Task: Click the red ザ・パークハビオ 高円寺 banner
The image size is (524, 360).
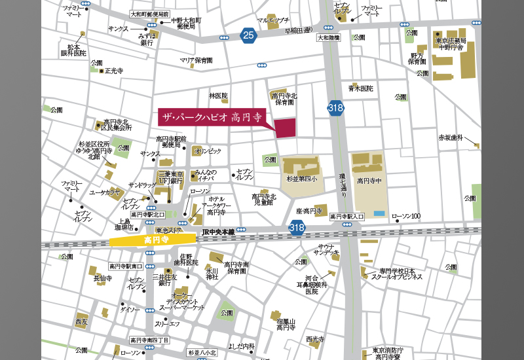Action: point(212,117)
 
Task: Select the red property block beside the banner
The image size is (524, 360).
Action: point(285,128)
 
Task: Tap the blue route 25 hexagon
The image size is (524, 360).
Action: point(247,35)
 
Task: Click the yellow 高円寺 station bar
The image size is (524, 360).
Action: point(153,240)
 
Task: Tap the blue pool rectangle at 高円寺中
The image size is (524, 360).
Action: point(379,213)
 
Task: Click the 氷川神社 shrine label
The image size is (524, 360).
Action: point(212,274)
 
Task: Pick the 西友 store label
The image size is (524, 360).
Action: point(81,322)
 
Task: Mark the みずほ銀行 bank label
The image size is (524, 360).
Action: point(147,39)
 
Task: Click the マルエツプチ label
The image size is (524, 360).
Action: point(273,20)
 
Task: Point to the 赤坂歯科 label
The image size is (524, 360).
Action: point(451,138)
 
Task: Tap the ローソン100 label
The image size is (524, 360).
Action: point(406,217)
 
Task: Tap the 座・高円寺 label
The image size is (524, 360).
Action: point(309,211)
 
